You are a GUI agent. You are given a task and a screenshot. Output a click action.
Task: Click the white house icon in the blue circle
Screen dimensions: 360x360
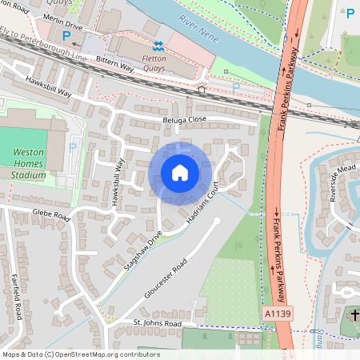point(180,172)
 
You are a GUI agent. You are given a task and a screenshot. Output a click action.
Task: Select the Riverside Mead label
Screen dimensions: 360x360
point(336,186)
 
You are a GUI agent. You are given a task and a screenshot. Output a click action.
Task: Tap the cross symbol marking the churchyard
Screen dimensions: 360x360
point(354,317)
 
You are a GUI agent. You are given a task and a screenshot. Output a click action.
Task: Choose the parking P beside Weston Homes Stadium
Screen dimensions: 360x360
point(74,147)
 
